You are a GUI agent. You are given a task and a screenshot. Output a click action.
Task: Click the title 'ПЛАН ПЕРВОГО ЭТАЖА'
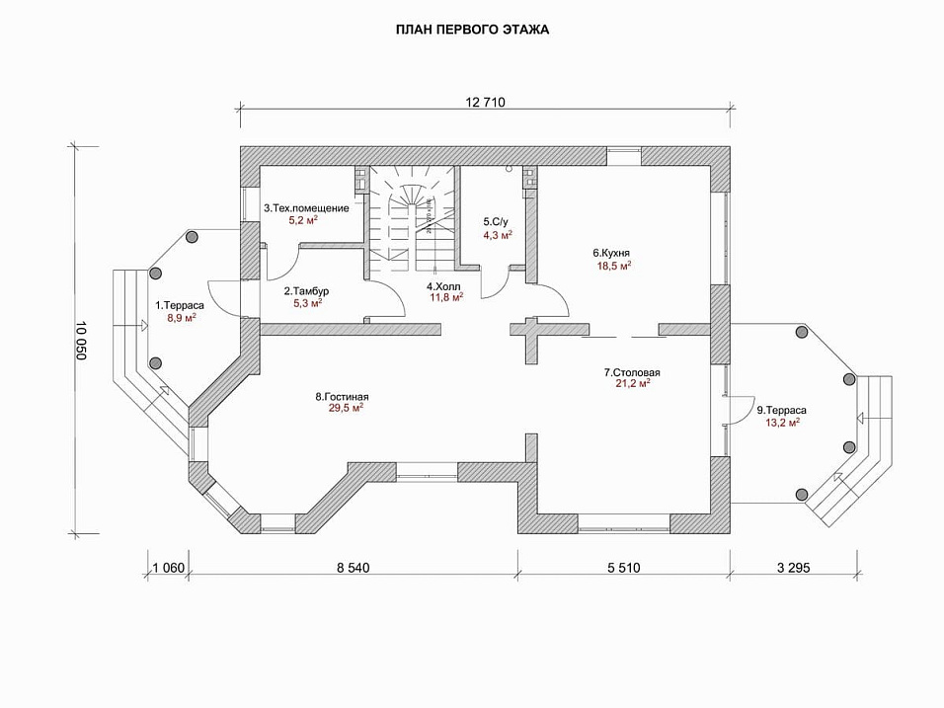coord(472,30)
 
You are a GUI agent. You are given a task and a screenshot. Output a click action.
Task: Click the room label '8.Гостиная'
coord(342,397)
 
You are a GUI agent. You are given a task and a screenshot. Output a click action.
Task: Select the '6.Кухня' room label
coord(612,253)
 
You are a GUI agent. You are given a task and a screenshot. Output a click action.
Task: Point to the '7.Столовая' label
coord(632,372)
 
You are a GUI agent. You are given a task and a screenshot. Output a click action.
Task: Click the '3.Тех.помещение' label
coord(306,208)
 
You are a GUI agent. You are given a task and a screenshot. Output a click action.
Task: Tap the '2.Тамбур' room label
coord(306,291)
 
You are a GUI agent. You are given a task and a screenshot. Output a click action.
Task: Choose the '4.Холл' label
coord(443,285)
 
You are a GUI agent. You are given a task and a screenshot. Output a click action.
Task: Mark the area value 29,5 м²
coord(347,408)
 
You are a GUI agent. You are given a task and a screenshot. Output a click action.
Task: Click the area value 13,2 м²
coord(781,422)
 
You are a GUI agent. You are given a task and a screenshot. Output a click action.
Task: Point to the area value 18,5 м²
coord(614,266)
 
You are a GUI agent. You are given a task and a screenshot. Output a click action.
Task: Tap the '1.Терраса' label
coord(179,305)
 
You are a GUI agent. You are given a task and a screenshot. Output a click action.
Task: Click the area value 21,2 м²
coord(632,384)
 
